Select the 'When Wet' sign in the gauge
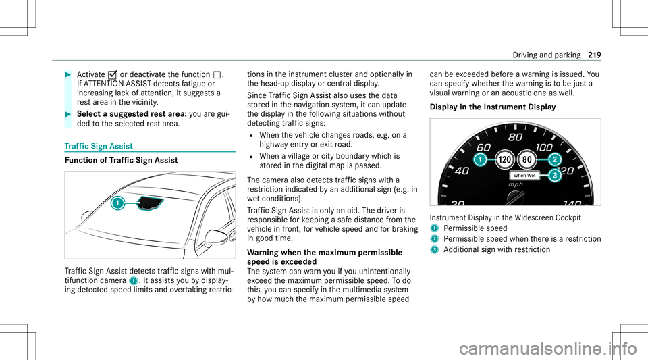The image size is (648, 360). click(x=524, y=175)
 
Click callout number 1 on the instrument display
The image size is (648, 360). click(x=479, y=160)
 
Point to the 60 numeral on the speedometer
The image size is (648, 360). click(x=483, y=146)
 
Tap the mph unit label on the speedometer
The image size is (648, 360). click(x=516, y=183)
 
